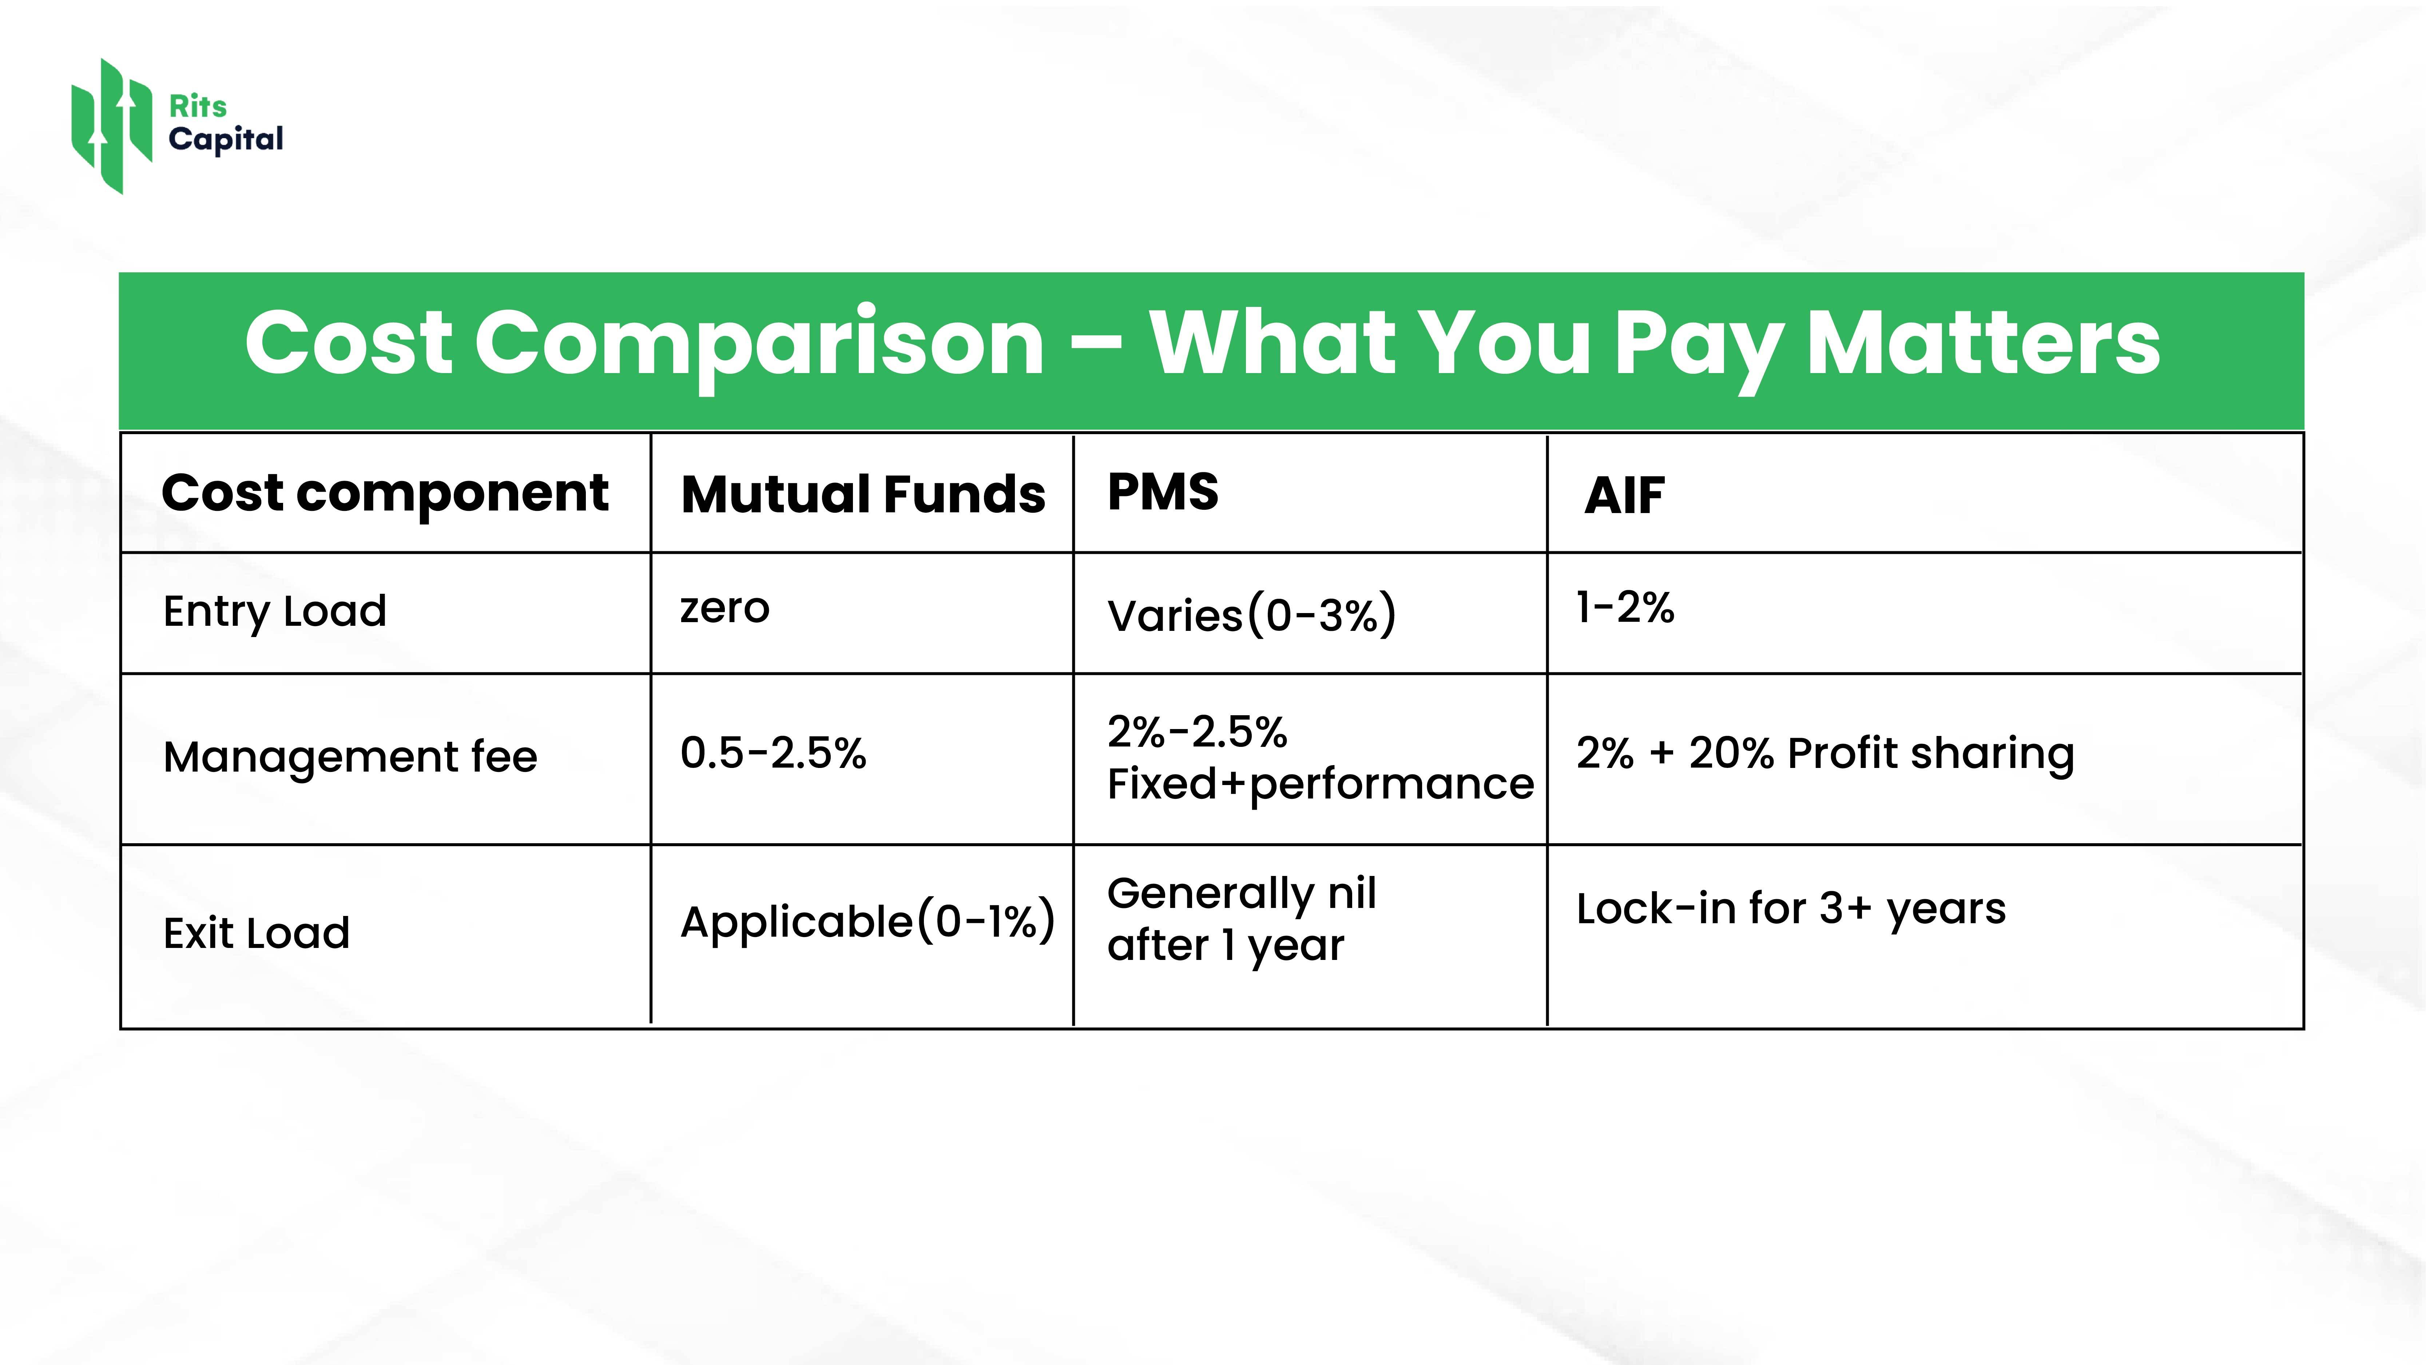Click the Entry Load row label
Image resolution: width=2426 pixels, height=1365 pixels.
pos(275,612)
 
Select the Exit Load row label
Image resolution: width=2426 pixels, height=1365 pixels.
pos(256,933)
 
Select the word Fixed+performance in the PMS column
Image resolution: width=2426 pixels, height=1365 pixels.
pos(1321,784)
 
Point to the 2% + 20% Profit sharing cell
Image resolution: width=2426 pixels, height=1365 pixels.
pos(1825,754)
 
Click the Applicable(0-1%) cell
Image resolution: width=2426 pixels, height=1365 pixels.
pos(867,922)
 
